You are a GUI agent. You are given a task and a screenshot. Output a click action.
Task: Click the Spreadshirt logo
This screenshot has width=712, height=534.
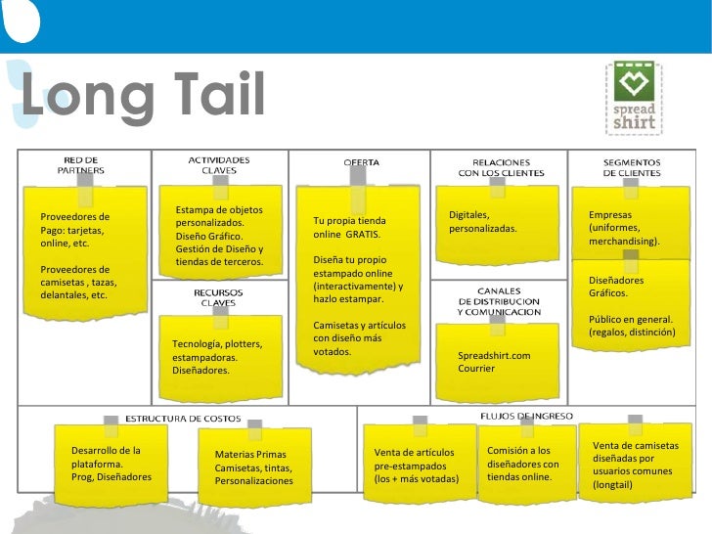(x=634, y=98)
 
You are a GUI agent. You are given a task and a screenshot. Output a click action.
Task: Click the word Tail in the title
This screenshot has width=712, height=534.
(x=207, y=95)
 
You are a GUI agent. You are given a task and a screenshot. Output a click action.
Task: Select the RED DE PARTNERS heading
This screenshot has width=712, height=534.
(x=80, y=164)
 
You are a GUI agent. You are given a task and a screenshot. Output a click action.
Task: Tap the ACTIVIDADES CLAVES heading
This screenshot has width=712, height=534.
(x=218, y=164)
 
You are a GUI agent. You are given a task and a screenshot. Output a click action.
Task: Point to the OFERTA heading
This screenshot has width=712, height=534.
(x=361, y=161)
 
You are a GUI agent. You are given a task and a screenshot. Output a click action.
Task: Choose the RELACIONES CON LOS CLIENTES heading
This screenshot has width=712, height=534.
(x=501, y=167)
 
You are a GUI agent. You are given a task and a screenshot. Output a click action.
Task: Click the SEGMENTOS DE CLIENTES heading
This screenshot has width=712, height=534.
(x=631, y=167)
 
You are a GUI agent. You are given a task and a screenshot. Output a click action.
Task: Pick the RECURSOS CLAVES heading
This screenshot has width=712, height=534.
(x=212, y=297)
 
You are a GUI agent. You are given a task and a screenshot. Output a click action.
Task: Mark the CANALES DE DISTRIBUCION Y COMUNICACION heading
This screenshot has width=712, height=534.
(x=498, y=301)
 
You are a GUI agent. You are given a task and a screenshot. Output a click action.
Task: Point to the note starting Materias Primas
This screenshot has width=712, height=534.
(x=253, y=467)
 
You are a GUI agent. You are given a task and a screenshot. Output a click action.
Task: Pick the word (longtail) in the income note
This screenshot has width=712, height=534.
(x=613, y=484)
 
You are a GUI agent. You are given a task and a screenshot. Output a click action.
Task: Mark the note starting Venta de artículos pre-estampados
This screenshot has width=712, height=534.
(x=417, y=467)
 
